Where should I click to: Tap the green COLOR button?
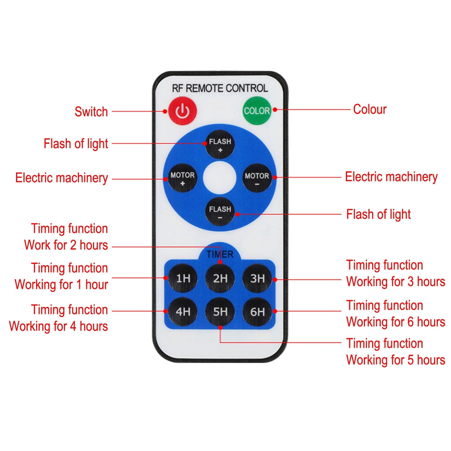coord(257,110)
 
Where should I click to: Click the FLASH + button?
coord(220,144)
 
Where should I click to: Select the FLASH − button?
coord(220,212)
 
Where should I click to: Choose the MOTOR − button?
coord(257,178)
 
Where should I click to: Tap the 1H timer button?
coord(183,278)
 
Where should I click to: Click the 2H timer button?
coord(220,278)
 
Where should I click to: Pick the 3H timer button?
coord(257,278)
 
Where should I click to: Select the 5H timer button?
coord(220,312)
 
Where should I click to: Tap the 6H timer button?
coord(257,312)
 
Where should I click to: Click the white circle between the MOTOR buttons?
coord(219,178)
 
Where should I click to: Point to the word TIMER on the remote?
coord(220,254)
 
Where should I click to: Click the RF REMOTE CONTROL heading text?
coord(220,88)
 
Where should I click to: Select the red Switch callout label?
coord(91,111)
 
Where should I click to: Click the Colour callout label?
coord(370,109)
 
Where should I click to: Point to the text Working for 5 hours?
coord(395,360)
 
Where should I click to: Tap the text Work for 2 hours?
coord(66,245)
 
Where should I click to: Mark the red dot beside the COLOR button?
coord(275,109)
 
